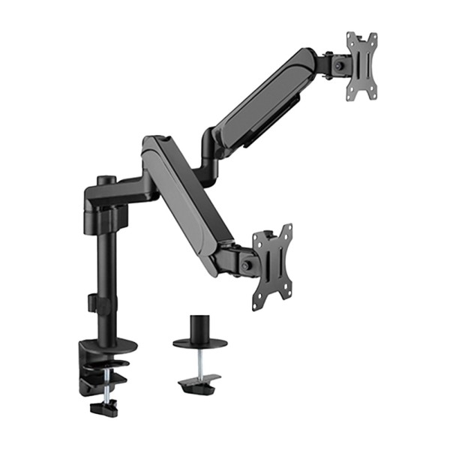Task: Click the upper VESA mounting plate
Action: click(x=361, y=66)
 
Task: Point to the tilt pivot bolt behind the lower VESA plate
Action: click(x=247, y=264)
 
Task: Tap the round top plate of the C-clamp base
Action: click(x=109, y=346)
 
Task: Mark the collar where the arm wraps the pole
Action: click(x=105, y=199)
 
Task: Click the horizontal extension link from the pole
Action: click(x=135, y=191)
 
